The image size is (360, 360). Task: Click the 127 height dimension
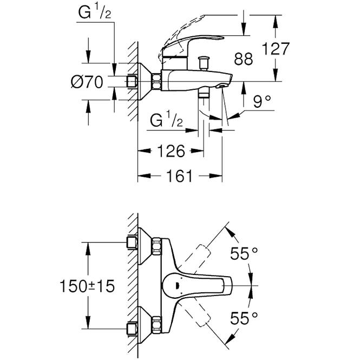(276, 49)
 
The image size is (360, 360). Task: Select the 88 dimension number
(244, 59)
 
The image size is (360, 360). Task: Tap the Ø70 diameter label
(87, 82)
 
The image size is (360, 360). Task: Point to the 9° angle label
(262, 101)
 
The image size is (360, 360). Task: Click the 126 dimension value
(171, 151)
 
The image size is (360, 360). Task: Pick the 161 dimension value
(179, 176)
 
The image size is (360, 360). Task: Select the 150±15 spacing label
(87, 286)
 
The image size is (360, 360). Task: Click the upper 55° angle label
(244, 253)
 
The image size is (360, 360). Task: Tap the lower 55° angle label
(244, 318)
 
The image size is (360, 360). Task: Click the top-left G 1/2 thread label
(95, 12)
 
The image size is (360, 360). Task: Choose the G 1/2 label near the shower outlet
(166, 121)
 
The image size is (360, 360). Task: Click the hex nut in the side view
(156, 81)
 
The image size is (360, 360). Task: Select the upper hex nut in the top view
(156, 246)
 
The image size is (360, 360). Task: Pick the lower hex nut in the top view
(156, 324)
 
